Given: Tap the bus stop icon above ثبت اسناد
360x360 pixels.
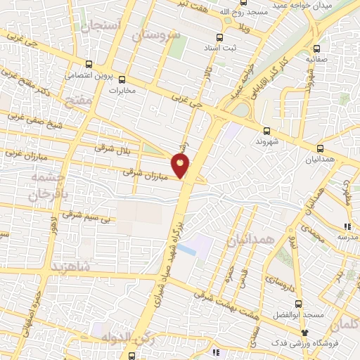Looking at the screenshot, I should (220, 37).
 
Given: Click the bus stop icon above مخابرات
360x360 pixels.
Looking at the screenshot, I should (122, 79).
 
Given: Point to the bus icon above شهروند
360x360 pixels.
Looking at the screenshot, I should (266, 130).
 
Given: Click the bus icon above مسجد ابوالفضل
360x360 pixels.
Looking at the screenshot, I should (298, 304).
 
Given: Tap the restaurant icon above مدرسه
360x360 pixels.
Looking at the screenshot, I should (347, 226).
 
